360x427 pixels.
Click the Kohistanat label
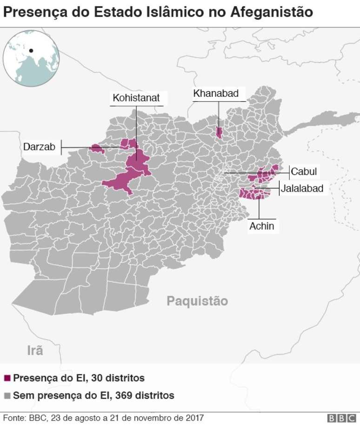(x=136, y=98)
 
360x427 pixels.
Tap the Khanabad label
(x=216, y=93)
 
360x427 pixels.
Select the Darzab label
(x=39, y=147)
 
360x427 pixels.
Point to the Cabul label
(x=304, y=172)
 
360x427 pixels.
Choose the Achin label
(x=261, y=227)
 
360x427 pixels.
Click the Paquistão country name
(x=197, y=301)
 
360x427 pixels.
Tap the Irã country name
(x=35, y=350)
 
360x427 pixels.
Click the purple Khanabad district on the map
(x=219, y=132)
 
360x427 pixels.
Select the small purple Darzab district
(x=97, y=149)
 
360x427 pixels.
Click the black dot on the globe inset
(x=31, y=51)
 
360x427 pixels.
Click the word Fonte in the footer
(x=14, y=418)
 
